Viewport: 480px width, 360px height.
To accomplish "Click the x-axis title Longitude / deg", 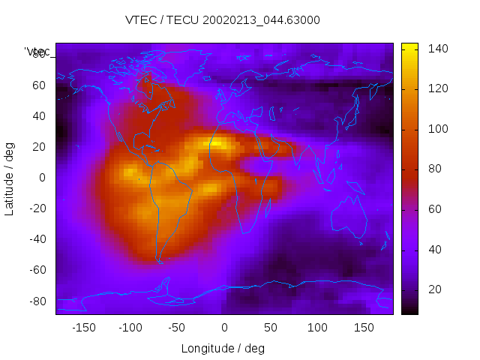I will [x=223, y=348].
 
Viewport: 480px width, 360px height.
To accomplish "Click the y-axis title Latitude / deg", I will [x=10, y=178].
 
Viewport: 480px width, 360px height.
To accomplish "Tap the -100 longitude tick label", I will [x=130, y=328].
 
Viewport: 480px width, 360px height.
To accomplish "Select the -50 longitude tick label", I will [x=177, y=328].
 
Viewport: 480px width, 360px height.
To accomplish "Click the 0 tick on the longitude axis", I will [x=224, y=328].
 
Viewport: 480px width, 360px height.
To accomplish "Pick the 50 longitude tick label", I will [x=271, y=328].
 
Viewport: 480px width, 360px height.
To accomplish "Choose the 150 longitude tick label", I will [x=364, y=328].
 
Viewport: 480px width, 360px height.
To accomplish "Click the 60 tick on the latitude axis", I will [x=39, y=85].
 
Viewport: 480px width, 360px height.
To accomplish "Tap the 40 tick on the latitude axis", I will [x=39, y=116].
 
